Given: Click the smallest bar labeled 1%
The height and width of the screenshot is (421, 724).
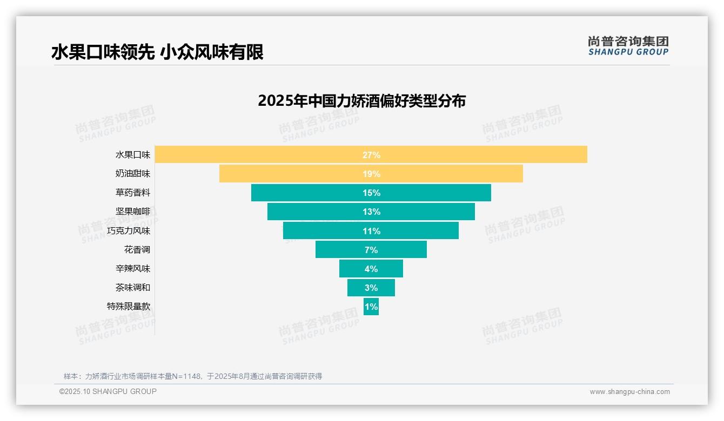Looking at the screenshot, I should [371, 307].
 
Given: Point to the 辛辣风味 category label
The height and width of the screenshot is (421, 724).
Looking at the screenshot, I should [133, 269].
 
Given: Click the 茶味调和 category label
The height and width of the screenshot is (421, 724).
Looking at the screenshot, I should [133, 288].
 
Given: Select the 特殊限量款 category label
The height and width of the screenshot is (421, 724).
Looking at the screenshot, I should [129, 307].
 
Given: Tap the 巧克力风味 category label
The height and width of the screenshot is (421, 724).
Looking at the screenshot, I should [129, 231].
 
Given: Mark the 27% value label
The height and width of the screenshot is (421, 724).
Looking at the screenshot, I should [371, 155].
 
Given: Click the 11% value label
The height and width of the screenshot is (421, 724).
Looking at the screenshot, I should [371, 231].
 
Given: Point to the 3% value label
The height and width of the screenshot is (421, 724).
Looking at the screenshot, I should [371, 288].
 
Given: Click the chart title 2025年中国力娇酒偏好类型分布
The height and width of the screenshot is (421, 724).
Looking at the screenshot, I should [361, 101].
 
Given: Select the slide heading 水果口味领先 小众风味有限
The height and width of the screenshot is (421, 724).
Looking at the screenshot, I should [157, 52].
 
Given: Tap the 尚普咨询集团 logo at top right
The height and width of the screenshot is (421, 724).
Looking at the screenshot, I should [628, 46].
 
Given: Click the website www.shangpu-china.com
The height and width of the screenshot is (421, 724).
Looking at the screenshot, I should [629, 392].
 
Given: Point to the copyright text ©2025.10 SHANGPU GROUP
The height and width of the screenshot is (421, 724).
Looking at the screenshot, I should [108, 391].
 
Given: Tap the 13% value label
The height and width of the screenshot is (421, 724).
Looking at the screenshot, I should [371, 212].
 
